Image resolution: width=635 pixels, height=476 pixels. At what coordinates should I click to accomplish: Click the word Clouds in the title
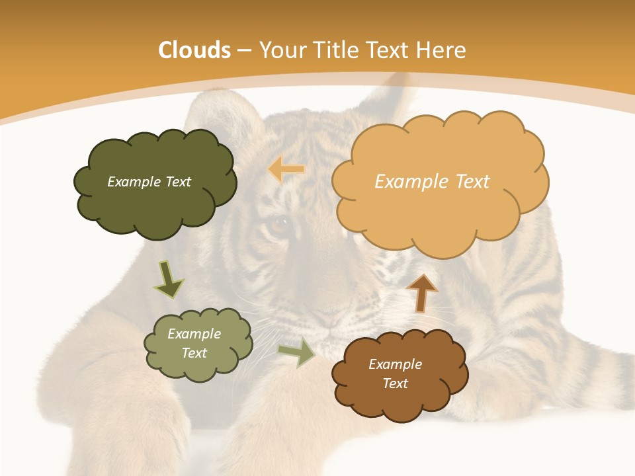pyautogui.click(x=194, y=50)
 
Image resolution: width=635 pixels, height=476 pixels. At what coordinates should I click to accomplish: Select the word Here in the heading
pyautogui.click(x=441, y=50)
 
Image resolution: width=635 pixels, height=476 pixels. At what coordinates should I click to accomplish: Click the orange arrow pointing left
pyautogui.click(x=286, y=170)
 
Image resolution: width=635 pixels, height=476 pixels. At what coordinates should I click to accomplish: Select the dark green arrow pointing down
pyautogui.click(x=169, y=279)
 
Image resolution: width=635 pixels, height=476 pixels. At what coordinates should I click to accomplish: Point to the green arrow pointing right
pyautogui.click(x=297, y=352)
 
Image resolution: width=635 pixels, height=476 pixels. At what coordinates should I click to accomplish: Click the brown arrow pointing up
pyautogui.click(x=421, y=293)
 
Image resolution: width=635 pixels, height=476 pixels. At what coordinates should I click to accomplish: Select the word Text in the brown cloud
pyautogui.click(x=395, y=383)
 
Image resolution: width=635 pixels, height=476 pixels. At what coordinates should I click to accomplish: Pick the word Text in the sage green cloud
pyautogui.click(x=194, y=353)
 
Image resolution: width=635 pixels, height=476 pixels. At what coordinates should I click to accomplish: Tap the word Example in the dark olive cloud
pyautogui.click(x=131, y=182)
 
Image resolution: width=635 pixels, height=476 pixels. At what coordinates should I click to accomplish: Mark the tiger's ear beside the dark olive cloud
pyautogui.click(x=218, y=112)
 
